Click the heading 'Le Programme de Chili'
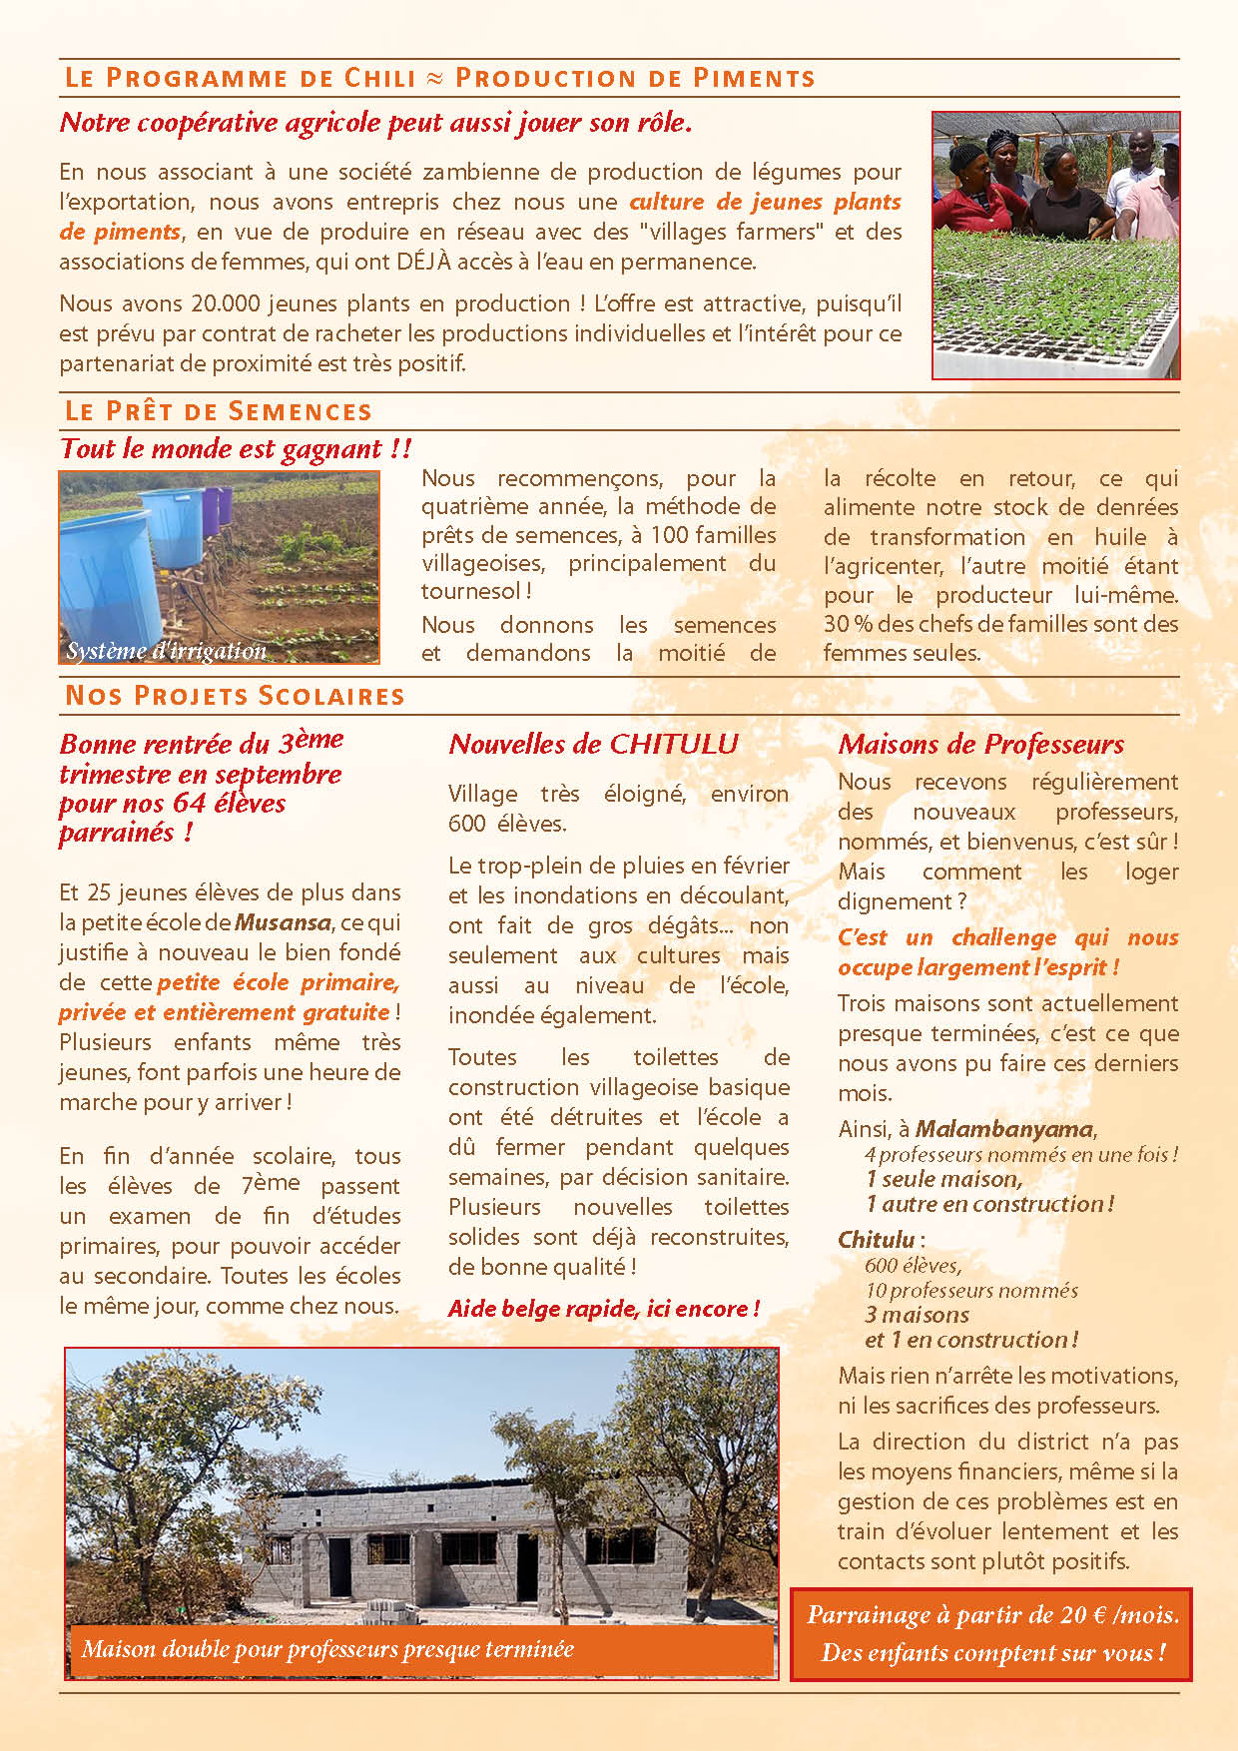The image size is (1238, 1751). point(240,78)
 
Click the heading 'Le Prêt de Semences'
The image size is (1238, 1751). point(218,411)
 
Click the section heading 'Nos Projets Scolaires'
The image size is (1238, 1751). point(235,696)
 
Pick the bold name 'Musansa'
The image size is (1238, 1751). point(283,922)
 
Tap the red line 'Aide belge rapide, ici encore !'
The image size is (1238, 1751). point(604,1309)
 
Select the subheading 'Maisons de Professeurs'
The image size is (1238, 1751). point(980,744)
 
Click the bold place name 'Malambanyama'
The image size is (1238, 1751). point(1004,1129)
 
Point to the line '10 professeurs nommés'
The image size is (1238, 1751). point(970,1290)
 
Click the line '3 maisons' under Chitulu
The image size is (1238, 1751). point(917,1315)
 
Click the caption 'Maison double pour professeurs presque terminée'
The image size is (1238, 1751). point(327,1648)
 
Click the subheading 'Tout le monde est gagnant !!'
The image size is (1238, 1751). point(236,449)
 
